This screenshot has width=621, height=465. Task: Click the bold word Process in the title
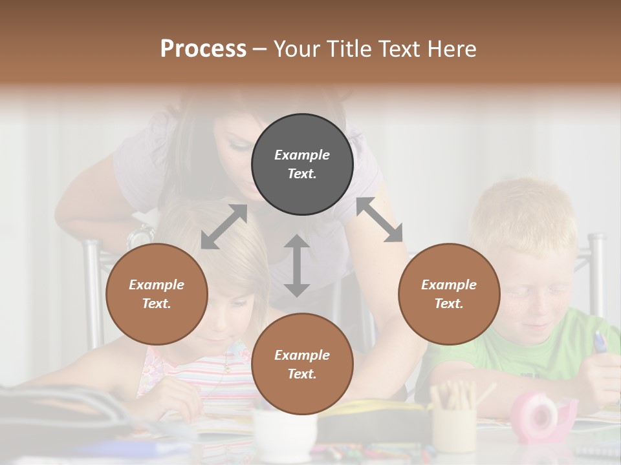pos(203,48)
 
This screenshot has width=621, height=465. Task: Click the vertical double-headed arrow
pos(296,265)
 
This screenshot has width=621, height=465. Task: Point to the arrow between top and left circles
pos(224,227)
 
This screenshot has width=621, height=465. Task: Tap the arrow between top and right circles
pos(379,220)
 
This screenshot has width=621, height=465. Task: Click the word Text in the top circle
pos(301,174)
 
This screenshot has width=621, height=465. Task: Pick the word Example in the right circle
pos(449,285)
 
